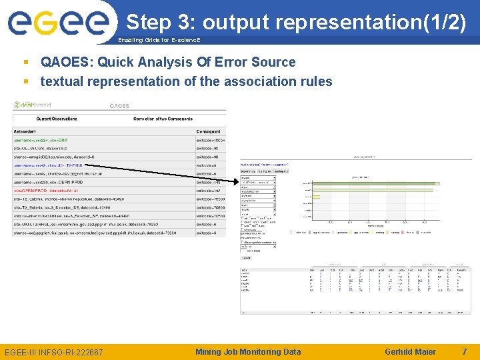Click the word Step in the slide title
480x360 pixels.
tap(149, 22)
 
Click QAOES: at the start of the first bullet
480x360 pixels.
tap(67, 62)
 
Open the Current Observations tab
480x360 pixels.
tap(57, 119)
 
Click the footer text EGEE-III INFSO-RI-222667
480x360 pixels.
tap(53, 351)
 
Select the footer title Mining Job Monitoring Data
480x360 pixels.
tap(248, 351)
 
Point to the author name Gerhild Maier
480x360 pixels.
tap(410, 351)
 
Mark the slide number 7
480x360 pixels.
tap(464, 351)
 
